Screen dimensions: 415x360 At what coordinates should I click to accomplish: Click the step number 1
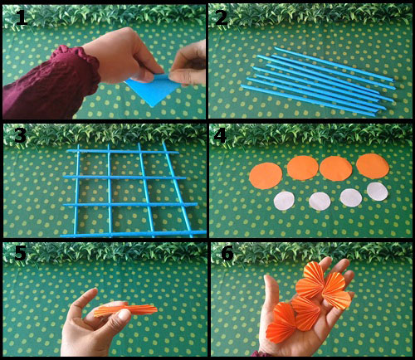click(22, 17)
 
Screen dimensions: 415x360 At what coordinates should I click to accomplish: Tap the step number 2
click(221, 17)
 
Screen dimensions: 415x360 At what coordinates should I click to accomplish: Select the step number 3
click(20, 135)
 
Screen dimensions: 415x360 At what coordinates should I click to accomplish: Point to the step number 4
click(220, 135)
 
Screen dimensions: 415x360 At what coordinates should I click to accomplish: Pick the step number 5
click(20, 252)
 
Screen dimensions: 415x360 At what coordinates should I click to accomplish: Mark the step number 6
click(227, 253)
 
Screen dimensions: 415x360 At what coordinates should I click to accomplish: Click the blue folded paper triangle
click(153, 90)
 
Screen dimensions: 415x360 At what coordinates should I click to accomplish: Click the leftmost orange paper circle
click(266, 176)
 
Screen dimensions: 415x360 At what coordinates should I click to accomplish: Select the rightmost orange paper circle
click(373, 166)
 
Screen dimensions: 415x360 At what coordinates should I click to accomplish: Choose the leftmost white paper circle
click(284, 202)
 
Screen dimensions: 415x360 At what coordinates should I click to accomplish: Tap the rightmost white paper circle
click(378, 192)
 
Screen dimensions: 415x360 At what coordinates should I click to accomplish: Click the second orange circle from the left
click(303, 168)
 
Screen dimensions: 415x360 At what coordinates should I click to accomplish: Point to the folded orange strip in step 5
click(125, 310)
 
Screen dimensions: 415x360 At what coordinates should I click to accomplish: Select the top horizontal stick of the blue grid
click(123, 152)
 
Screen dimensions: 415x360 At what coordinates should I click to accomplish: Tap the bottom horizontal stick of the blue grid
click(134, 234)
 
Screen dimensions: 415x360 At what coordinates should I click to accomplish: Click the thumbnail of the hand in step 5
click(123, 314)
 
